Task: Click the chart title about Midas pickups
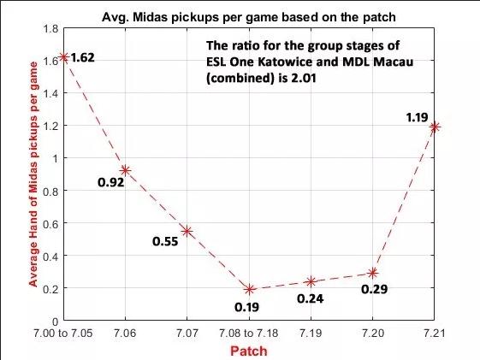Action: click(249, 15)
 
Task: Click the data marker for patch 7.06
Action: click(125, 170)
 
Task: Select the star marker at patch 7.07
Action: click(187, 231)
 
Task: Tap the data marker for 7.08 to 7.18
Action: click(249, 289)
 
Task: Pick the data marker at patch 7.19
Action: click(311, 281)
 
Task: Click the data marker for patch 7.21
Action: click(435, 127)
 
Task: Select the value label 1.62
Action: click(83, 58)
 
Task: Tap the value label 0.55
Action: click(166, 241)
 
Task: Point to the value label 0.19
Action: click(248, 305)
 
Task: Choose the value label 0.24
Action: click(310, 298)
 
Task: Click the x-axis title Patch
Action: click(249, 351)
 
